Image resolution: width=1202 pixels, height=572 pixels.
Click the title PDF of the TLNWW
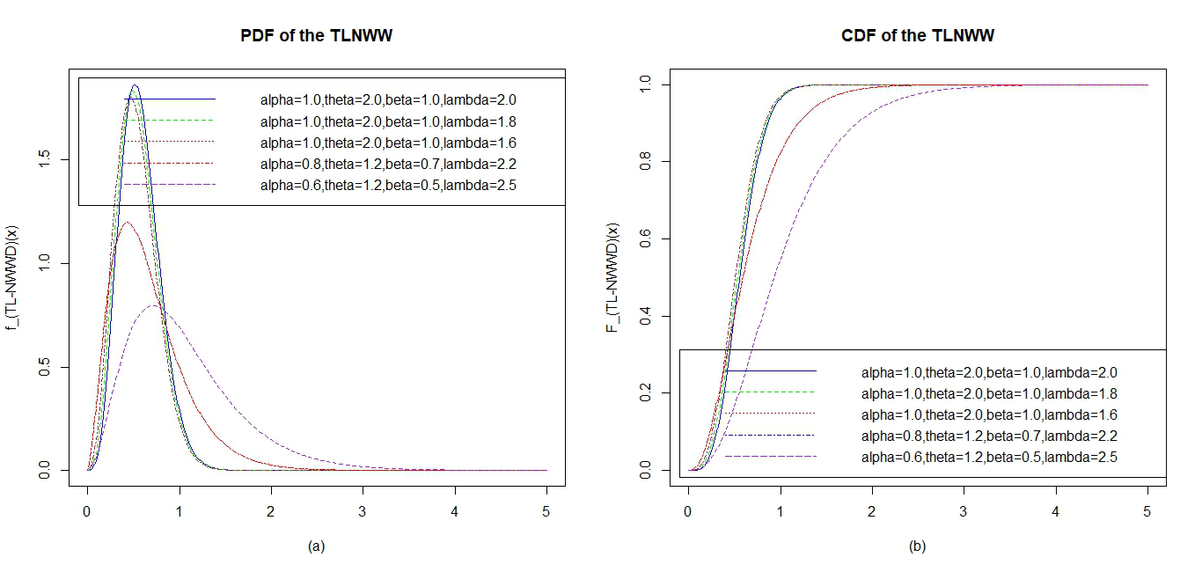(x=317, y=36)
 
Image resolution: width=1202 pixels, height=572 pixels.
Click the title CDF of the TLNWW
(x=918, y=36)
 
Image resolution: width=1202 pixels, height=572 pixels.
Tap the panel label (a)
(x=317, y=546)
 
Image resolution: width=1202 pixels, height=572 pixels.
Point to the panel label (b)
(x=918, y=546)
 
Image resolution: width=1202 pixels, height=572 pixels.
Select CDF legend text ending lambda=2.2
(x=989, y=436)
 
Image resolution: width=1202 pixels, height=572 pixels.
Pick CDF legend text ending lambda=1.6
(x=989, y=414)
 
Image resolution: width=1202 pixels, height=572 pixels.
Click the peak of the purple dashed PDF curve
(x=154, y=305)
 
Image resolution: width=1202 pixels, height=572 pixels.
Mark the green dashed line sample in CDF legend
(x=770, y=392)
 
